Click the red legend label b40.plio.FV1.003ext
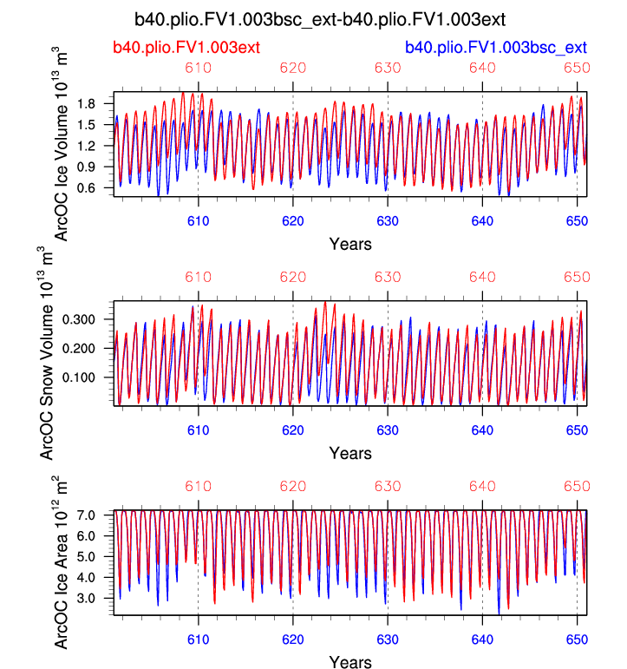pos(186,47)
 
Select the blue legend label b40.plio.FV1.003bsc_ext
pos(495,47)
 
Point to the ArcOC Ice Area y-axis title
pos(62,562)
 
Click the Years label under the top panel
pos(350,244)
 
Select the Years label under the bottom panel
pos(350,662)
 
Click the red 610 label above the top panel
pos(199,69)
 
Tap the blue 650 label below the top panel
pos(577,221)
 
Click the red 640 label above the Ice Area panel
pos(482,487)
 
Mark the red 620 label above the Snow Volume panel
pos(293,278)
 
